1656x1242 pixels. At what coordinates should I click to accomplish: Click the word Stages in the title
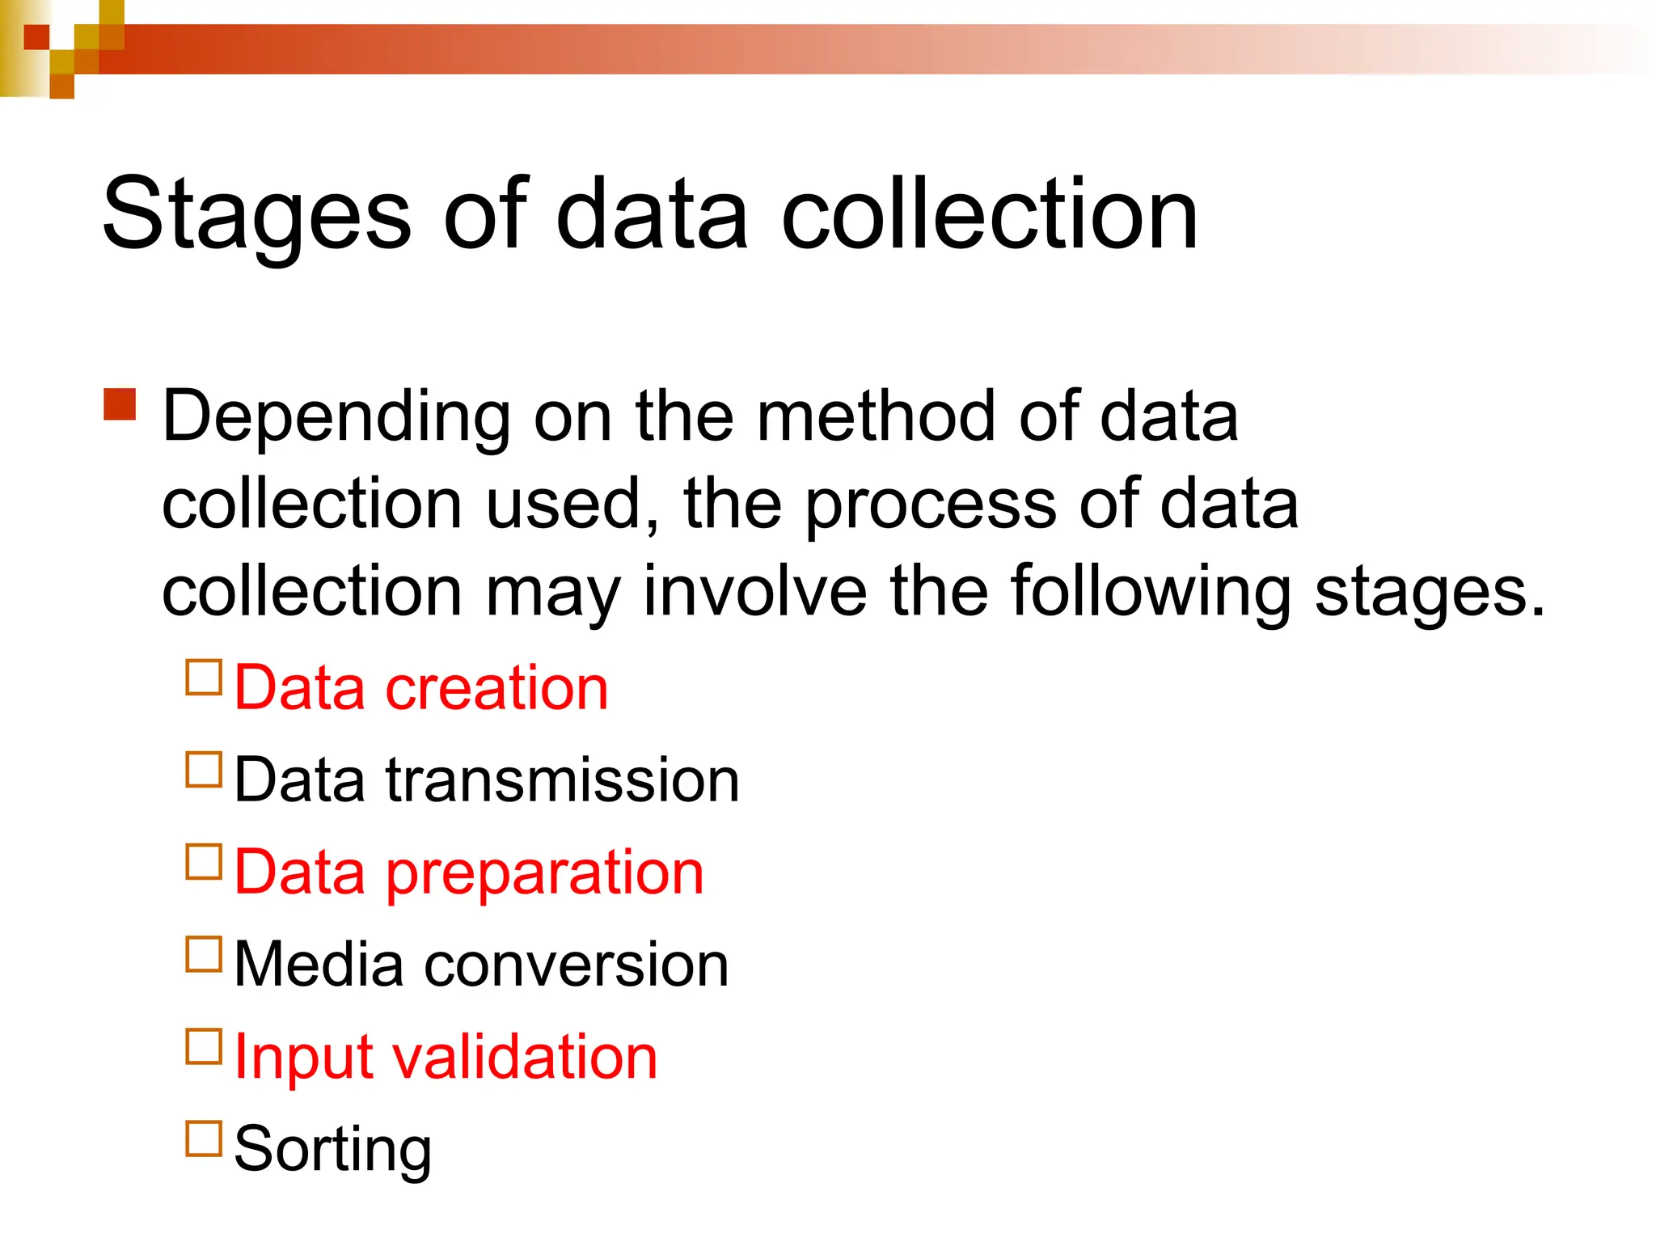257,216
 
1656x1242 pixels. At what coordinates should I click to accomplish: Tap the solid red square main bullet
120,404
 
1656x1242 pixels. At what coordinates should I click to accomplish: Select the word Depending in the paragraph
336,418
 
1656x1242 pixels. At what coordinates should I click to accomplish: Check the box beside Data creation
204,678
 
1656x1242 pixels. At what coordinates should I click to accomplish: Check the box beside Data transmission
204,770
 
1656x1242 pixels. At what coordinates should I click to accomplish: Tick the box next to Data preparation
204,862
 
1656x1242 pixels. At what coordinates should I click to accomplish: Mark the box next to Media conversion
204,954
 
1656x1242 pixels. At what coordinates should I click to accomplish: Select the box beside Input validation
204,1046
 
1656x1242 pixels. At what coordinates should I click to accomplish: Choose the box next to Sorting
204,1138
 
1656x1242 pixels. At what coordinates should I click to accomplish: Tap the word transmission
562,780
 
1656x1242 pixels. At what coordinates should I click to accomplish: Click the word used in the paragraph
572,505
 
